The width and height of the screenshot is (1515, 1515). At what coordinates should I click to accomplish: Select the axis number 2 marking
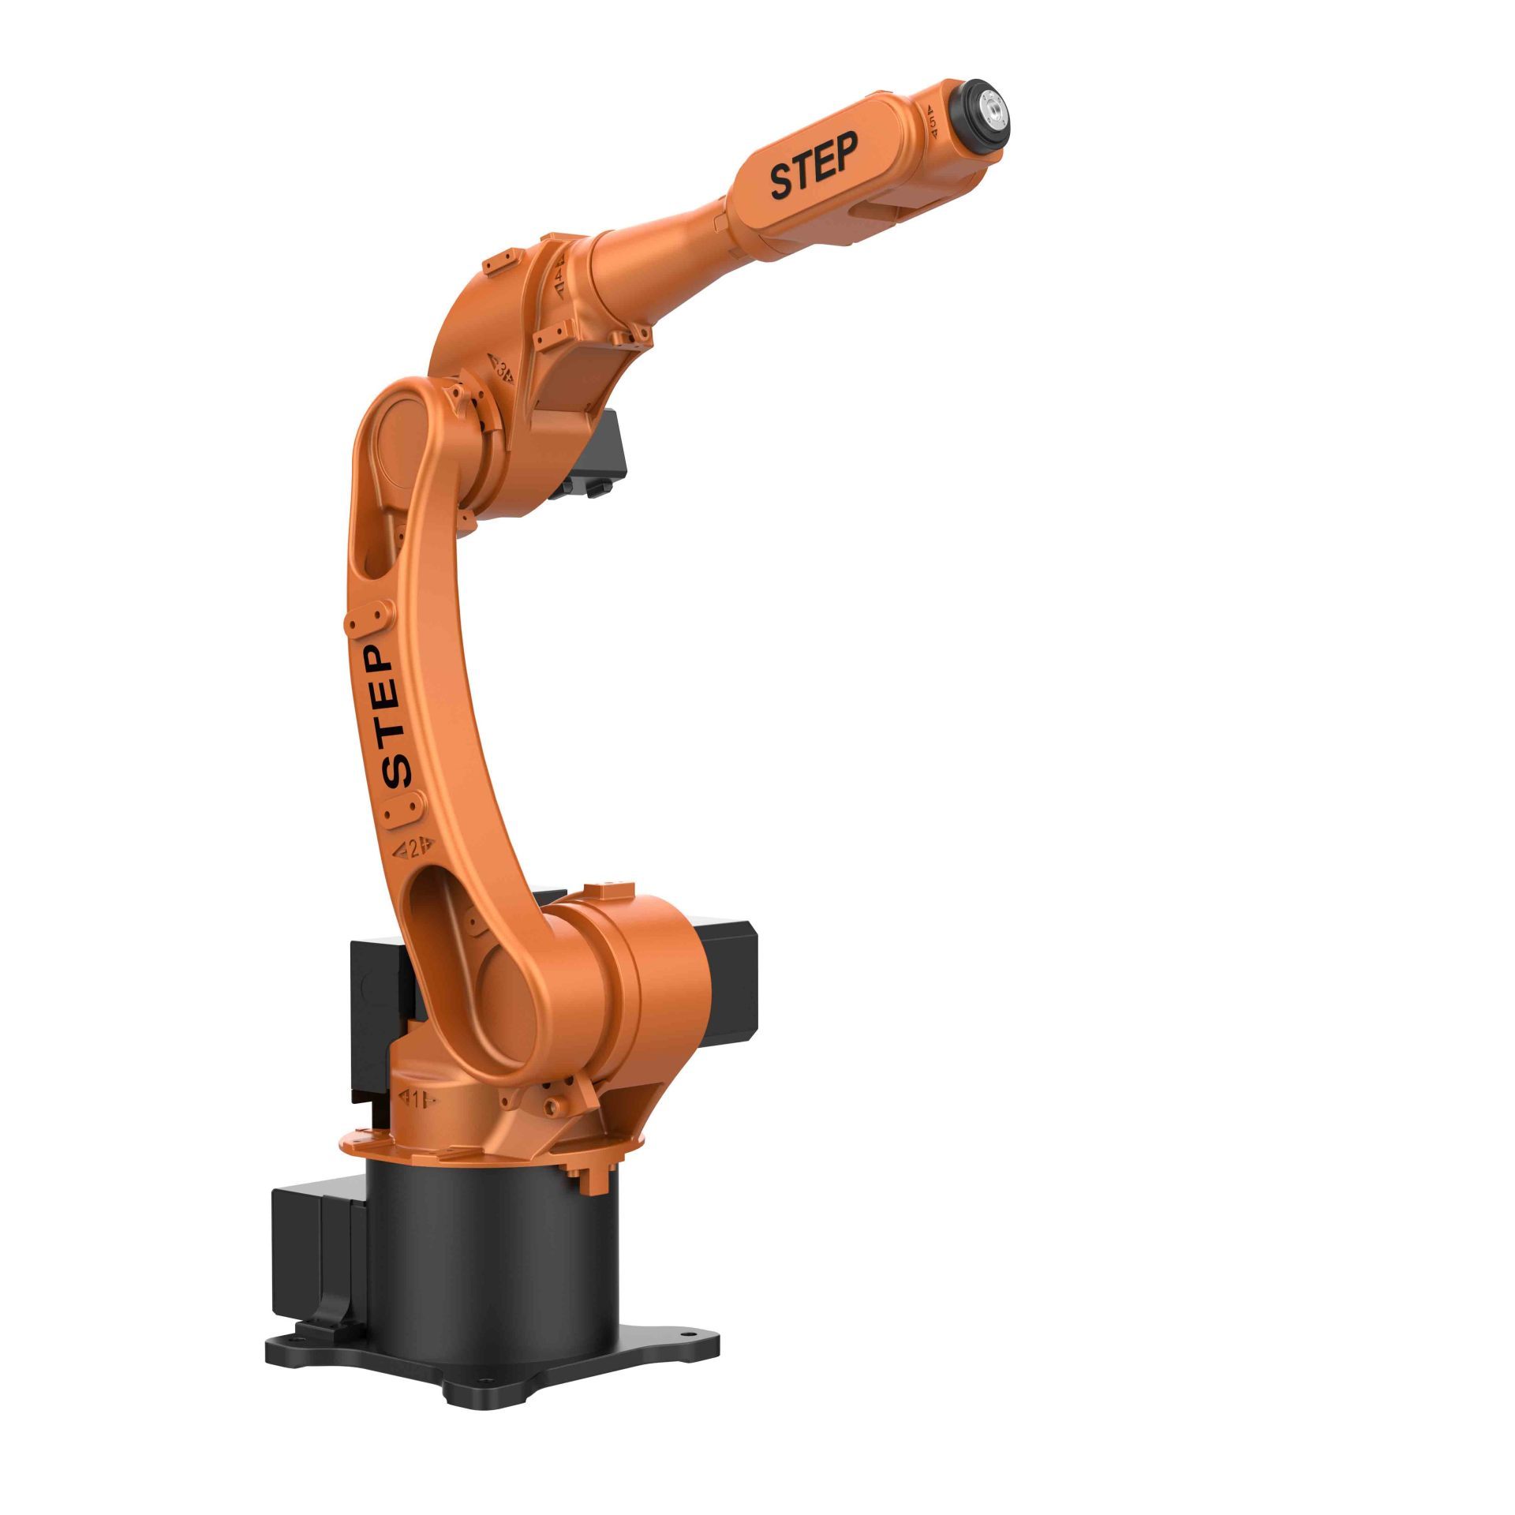click(x=409, y=847)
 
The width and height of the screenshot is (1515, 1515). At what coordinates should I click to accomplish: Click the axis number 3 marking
click(x=503, y=368)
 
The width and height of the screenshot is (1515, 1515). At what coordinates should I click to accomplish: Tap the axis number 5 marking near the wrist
click(x=932, y=122)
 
